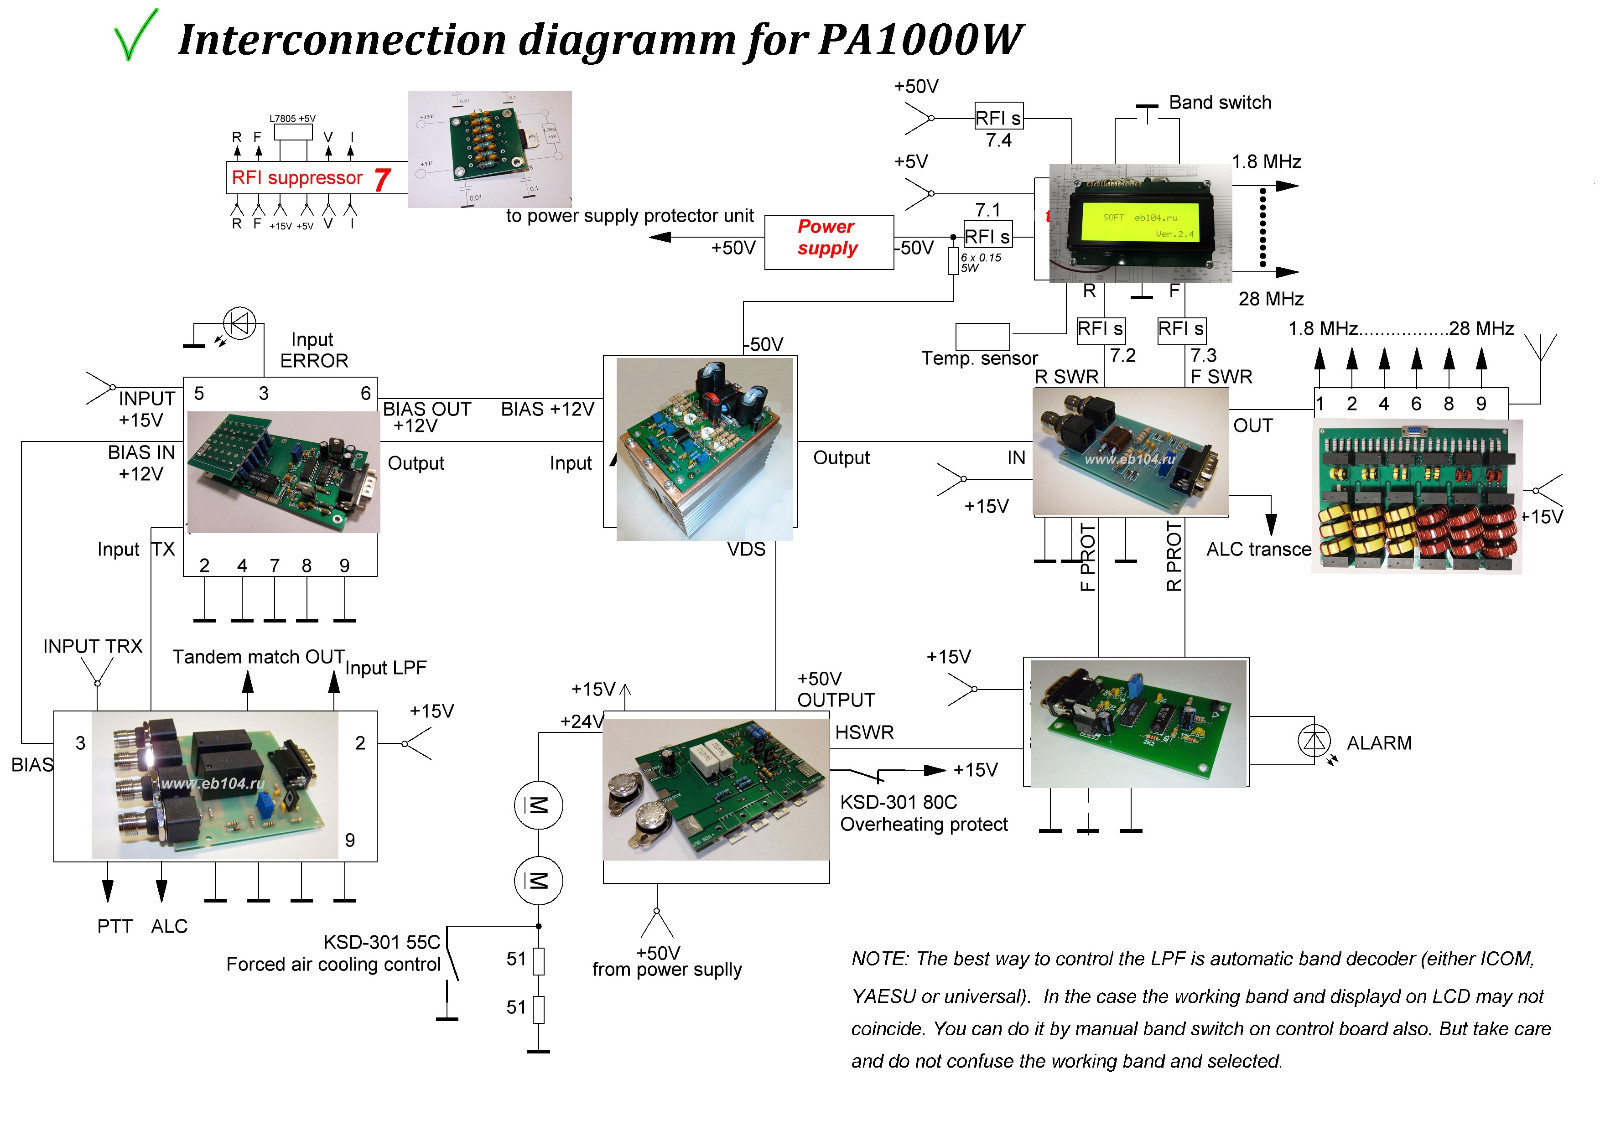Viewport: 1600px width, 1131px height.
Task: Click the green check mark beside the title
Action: point(136,35)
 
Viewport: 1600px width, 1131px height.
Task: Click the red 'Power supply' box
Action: point(828,239)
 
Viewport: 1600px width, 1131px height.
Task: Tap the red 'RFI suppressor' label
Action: point(297,178)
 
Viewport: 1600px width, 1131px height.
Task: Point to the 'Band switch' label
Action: point(1220,103)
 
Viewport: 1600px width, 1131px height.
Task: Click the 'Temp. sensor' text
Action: point(979,358)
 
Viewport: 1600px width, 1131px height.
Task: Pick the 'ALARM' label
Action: point(1379,743)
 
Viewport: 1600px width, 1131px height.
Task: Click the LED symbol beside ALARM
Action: point(1314,741)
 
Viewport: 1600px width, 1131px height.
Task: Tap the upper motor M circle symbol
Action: point(538,805)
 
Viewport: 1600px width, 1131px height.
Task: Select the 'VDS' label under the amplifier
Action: point(746,549)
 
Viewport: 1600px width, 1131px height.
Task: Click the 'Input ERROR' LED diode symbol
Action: point(239,323)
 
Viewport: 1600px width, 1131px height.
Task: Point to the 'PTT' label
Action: point(115,926)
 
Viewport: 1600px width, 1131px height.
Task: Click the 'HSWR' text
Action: point(864,732)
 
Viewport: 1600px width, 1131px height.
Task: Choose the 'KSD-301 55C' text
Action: point(381,942)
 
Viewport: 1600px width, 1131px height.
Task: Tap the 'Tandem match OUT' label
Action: point(258,657)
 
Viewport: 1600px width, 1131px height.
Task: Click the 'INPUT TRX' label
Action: point(93,646)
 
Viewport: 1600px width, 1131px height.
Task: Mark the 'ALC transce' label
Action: point(1258,549)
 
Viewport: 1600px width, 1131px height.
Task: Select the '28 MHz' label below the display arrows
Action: point(1271,298)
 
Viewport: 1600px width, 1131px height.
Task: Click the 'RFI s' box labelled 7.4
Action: point(998,118)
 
